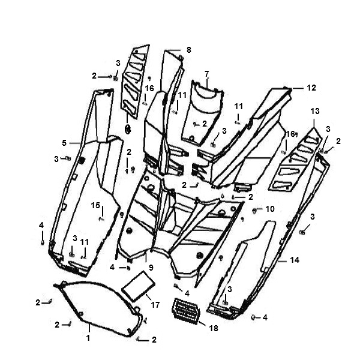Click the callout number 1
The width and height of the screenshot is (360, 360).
pos(88,338)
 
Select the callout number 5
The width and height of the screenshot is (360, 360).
pos(64,143)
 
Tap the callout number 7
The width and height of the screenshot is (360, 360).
pos(207,74)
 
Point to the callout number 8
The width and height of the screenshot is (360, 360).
pos(189,50)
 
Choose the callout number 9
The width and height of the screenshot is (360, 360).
pos(151,268)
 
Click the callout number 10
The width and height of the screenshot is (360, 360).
pos(270,209)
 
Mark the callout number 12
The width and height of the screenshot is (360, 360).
pos(311,88)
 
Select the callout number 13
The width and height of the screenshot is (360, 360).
pos(315,111)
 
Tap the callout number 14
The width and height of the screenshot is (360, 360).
pos(295,260)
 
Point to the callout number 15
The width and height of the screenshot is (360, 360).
pos(95,205)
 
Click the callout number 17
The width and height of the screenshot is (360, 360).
pos(155,305)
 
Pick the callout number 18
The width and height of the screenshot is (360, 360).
pos(214,328)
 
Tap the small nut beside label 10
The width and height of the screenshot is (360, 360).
pos(254,211)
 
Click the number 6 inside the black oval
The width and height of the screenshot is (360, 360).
pos(128,130)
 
